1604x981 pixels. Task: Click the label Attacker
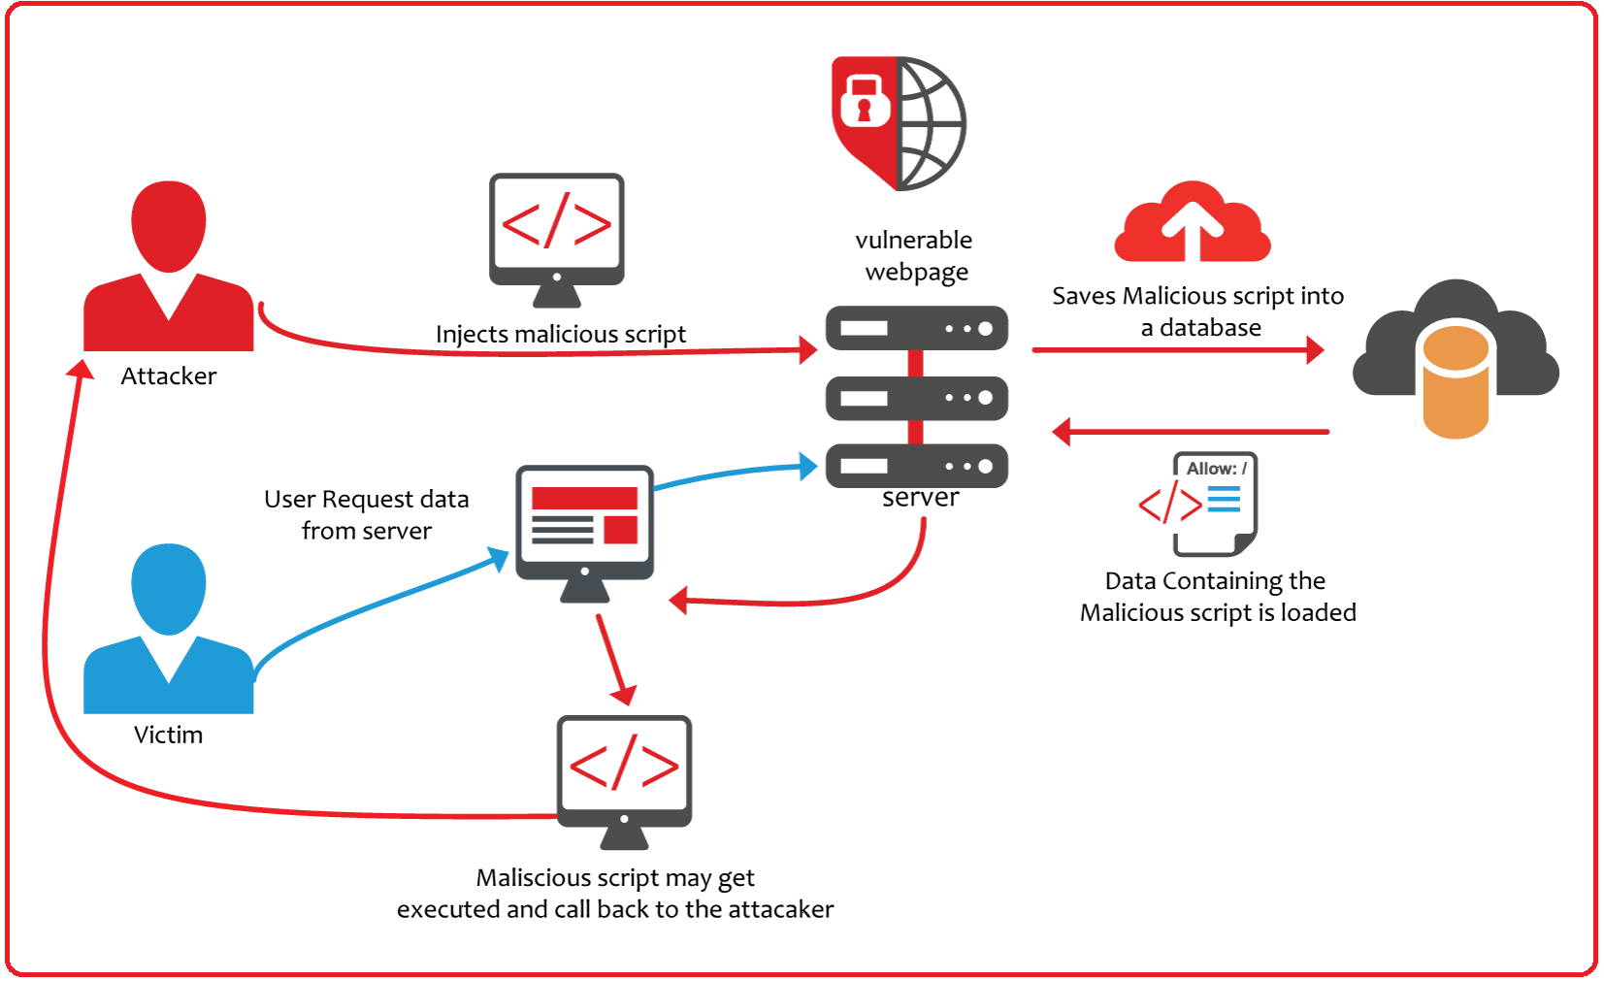[x=169, y=376]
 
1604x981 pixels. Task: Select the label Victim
[x=169, y=736]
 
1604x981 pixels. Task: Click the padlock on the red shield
[x=864, y=101]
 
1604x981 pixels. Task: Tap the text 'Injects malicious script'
[x=561, y=335]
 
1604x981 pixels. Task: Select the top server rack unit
[x=917, y=328]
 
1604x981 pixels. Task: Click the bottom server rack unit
[x=917, y=466]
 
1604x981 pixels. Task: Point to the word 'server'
[x=920, y=499]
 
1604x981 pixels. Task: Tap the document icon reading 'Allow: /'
[x=1213, y=504]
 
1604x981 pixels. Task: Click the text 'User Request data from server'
[x=367, y=515]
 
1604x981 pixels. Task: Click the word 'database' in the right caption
[x=1210, y=328]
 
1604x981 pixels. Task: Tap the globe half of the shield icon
[x=932, y=123]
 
